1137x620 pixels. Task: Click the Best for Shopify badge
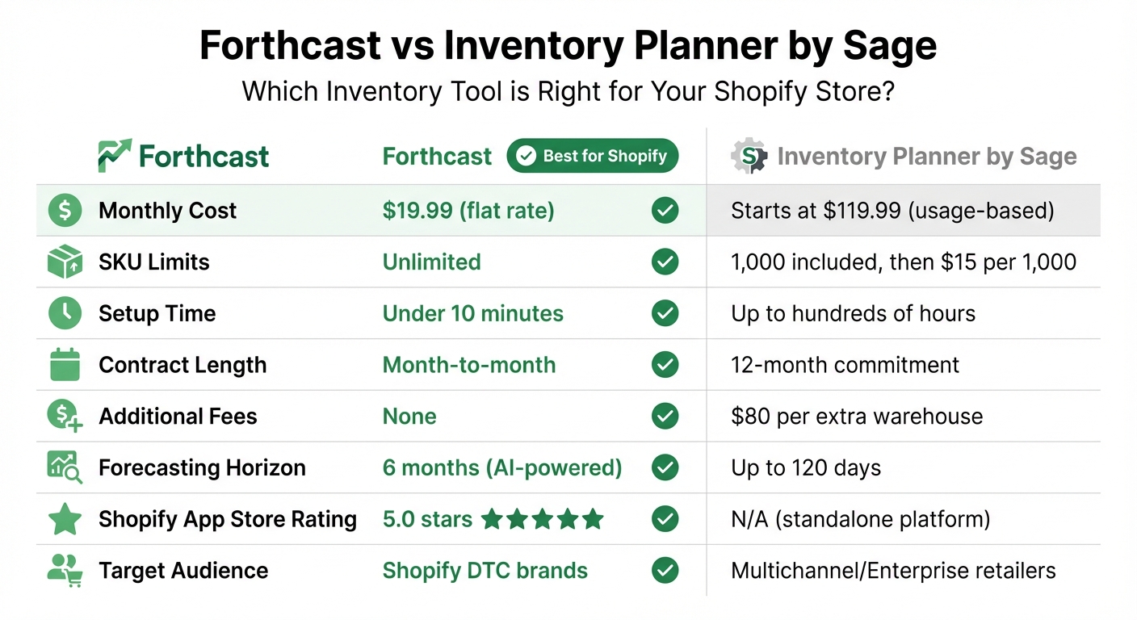pyautogui.click(x=592, y=156)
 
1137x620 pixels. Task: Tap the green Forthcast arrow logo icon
pyautogui.click(x=114, y=156)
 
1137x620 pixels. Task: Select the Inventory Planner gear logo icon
pyautogui.click(x=749, y=156)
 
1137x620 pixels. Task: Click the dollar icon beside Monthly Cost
pyautogui.click(x=65, y=211)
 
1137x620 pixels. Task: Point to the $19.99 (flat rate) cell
pyautogui.click(x=468, y=211)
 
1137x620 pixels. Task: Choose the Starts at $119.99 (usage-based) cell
pyautogui.click(x=892, y=211)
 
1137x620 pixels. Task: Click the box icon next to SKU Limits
pyautogui.click(x=65, y=262)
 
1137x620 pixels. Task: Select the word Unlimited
pyautogui.click(x=431, y=262)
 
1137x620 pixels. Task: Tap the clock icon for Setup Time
pyautogui.click(x=65, y=313)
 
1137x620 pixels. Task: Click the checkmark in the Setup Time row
pyautogui.click(x=665, y=313)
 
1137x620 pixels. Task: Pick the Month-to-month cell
pyautogui.click(x=468, y=365)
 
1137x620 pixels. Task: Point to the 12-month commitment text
pyautogui.click(x=845, y=365)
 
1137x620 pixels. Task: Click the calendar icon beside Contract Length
pyautogui.click(x=65, y=365)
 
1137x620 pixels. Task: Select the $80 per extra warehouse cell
pyautogui.click(x=857, y=417)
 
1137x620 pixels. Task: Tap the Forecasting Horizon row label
pyautogui.click(x=202, y=467)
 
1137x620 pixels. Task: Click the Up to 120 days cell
pyautogui.click(x=806, y=467)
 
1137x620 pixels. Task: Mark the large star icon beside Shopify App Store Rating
pyautogui.click(x=65, y=519)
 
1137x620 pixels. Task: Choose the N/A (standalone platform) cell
pyautogui.click(x=860, y=519)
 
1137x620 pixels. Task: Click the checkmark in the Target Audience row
pyautogui.click(x=665, y=571)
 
